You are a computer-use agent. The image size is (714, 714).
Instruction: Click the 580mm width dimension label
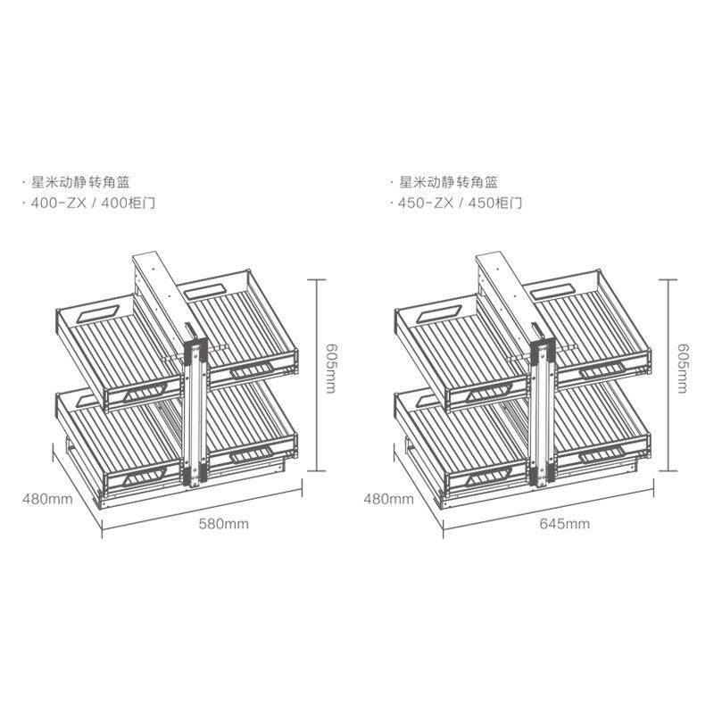[223, 524]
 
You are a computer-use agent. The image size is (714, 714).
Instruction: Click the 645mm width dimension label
[565, 524]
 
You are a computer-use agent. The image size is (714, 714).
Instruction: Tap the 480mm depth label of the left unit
[47, 499]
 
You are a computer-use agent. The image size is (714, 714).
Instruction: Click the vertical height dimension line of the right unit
[663, 375]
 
